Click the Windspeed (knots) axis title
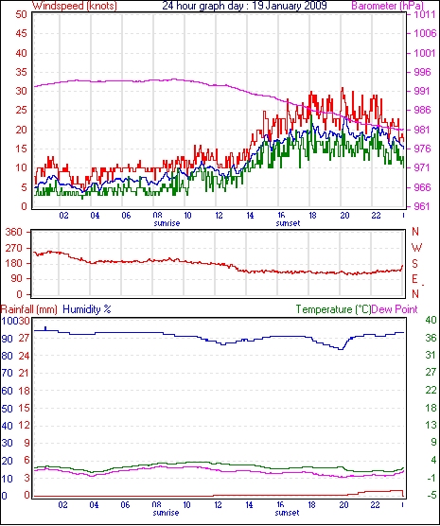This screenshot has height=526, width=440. coord(75,6)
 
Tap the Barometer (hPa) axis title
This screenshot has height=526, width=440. coord(387,6)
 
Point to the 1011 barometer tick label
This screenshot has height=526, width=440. coord(425,14)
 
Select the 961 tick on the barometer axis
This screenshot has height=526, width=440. coord(423,206)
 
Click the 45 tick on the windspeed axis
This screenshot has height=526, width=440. coord(21,33)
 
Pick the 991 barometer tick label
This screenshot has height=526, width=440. coord(423,91)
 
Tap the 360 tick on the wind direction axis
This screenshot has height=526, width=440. coord(14,232)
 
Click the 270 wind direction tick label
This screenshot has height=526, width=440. coord(14,248)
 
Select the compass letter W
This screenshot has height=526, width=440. coord(416,248)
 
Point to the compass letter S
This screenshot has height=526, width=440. coord(414,264)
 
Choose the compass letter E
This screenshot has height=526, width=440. coord(414,279)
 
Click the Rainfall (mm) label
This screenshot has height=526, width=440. coord(29,309)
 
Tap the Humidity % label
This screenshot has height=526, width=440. coord(87,309)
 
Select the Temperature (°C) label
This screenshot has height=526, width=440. coord(333,309)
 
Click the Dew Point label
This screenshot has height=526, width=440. coord(395,309)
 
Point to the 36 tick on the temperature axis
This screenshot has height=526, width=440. coord(431,338)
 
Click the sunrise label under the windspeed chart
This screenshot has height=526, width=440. coord(167,223)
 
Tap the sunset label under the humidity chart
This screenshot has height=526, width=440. coord(287,513)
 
